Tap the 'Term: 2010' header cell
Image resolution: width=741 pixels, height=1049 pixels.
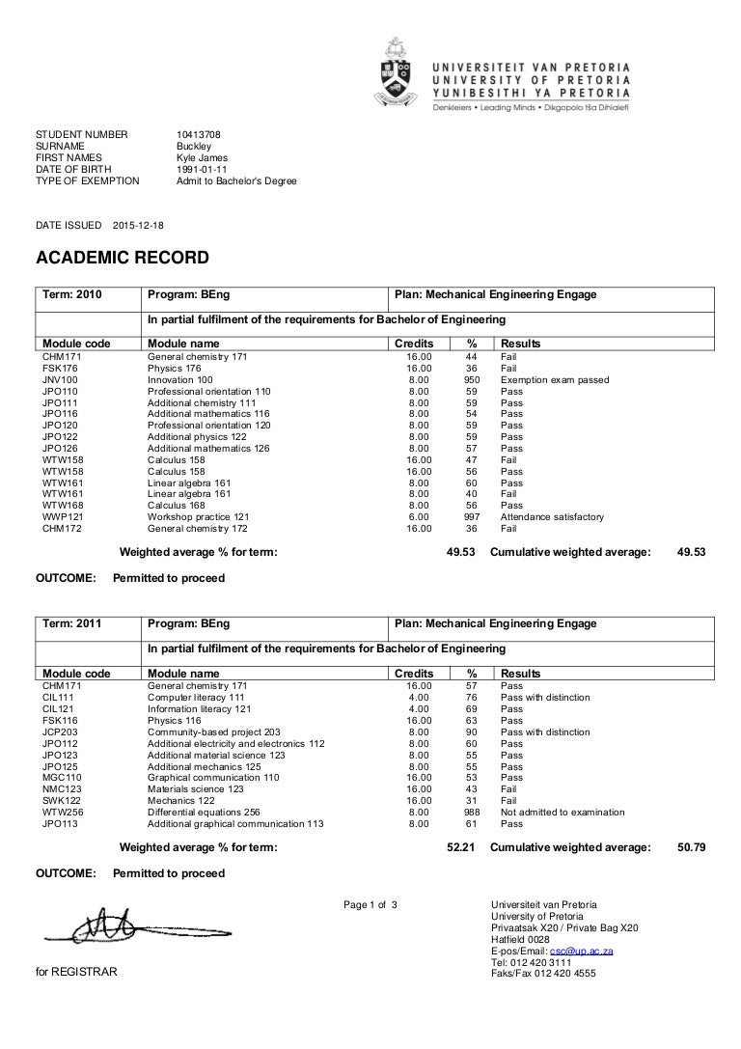72,295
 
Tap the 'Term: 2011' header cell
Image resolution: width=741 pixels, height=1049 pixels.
72,623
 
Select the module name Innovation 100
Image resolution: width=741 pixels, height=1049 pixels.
179,379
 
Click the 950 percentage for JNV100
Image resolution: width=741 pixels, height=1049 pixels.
472,379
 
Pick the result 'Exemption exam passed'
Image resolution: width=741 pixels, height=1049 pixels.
554,379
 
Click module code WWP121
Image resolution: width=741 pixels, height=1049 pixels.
60,517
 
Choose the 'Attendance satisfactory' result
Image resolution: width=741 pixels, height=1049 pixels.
552,517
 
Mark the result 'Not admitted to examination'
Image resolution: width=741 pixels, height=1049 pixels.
562,813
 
